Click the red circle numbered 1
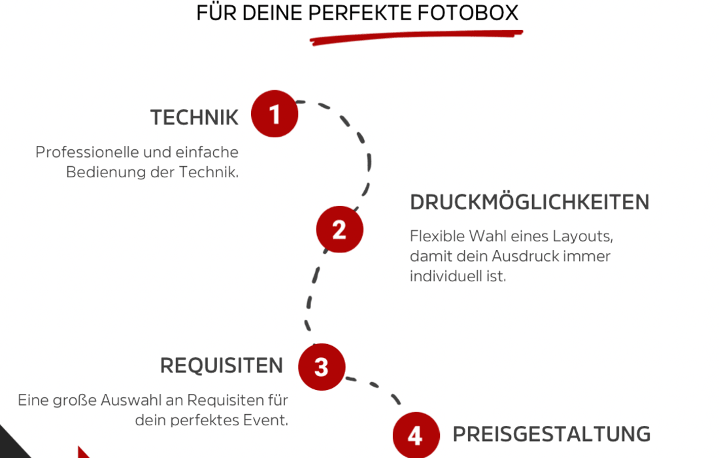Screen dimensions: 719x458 [x=275, y=114]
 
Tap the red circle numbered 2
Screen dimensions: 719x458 [x=339, y=230]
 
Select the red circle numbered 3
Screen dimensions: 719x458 [x=321, y=366]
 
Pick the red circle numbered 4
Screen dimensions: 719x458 [x=415, y=435]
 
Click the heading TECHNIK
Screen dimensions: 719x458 [x=194, y=118]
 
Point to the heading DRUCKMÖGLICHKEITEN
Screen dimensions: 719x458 [x=529, y=203]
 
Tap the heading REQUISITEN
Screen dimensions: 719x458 [x=222, y=366]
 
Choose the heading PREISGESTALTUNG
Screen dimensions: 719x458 [x=551, y=434]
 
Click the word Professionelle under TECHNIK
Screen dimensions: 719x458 [x=87, y=152]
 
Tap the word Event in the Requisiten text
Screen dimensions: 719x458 [x=270, y=420]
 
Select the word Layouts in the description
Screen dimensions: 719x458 [x=582, y=236]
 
